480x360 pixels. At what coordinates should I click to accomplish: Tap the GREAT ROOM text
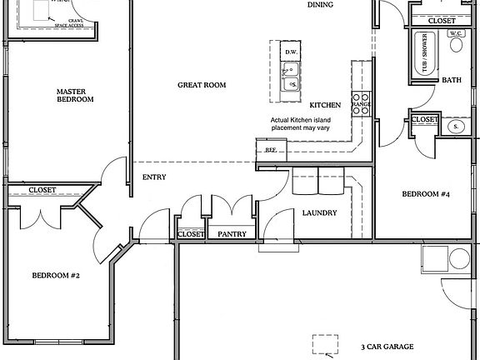coord(202,85)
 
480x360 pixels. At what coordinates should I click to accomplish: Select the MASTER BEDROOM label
coord(75,95)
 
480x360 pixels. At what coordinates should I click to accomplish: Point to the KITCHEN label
coord(325,106)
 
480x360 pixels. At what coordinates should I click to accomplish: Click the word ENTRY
coord(154,177)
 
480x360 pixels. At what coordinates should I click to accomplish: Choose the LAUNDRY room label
coord(319,213)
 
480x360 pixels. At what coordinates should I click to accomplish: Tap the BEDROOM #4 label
coord(426,195)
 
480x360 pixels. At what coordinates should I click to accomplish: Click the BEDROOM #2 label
coord(55,275)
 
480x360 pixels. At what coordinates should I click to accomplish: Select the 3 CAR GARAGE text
coord(387,347)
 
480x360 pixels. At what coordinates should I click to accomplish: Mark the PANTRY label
coord(232,234)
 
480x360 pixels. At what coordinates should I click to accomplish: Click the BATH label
coord(452,81)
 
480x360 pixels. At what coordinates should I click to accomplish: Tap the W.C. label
coord(456,33)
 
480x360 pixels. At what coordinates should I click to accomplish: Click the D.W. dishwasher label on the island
coord(291,52)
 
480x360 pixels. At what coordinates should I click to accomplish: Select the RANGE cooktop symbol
coord(361,103)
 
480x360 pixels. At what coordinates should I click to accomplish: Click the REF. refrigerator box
coord(270,150)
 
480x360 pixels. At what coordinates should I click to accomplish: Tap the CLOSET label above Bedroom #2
coord(42,190)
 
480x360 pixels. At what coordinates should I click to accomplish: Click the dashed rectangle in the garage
coord(325,345)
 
